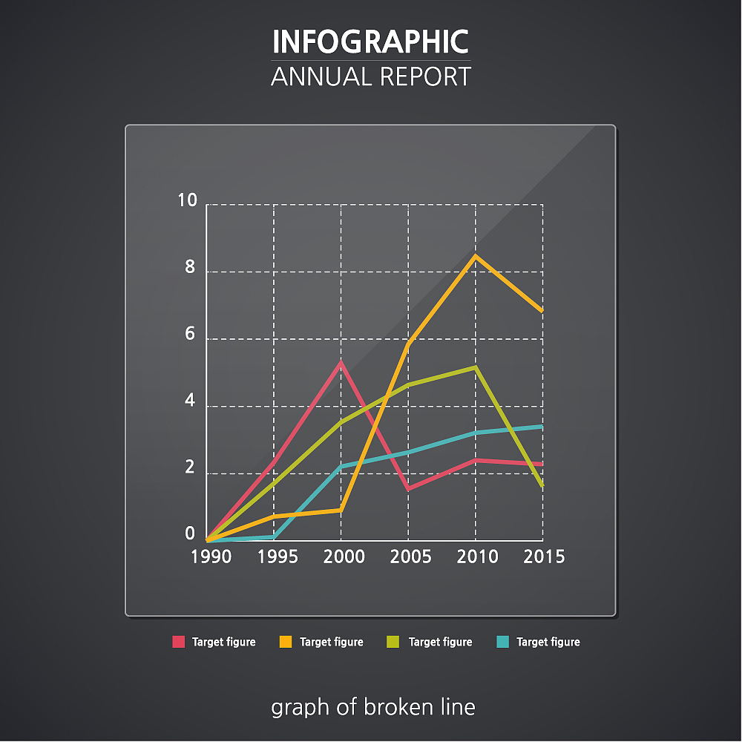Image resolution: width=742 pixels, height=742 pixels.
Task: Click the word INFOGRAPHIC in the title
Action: point(370,42)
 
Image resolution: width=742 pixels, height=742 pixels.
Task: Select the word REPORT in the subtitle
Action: point(425,76)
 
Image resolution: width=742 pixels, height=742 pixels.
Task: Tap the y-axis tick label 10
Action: point(188,200)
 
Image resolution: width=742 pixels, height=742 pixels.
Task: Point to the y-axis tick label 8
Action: point(190,267)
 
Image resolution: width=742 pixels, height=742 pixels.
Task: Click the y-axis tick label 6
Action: point(190,334)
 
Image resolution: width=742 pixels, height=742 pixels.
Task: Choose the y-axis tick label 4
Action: point(190,401)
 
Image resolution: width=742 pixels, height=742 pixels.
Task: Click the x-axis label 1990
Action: point(211,556)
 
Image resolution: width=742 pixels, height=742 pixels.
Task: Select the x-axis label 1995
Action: point(278,556)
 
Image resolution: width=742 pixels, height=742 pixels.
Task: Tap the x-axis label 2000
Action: point(344,556)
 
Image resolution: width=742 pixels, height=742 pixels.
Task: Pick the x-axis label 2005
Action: point(411,556)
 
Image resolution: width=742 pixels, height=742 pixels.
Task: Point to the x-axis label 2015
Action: point(544,556)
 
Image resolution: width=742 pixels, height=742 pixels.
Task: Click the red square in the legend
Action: point(178,642)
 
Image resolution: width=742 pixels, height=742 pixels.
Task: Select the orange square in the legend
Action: point(286,642)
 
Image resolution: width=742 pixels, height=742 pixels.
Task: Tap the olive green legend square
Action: point(393,642)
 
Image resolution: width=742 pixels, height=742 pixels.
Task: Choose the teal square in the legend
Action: point(502,642)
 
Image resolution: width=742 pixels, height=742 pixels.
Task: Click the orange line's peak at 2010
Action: point(476,256)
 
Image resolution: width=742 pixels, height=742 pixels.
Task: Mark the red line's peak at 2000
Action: point(341,363)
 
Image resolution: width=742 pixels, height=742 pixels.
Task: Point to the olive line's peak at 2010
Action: point(476,367)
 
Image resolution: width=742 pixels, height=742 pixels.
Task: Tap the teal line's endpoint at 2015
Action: point(542,427)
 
